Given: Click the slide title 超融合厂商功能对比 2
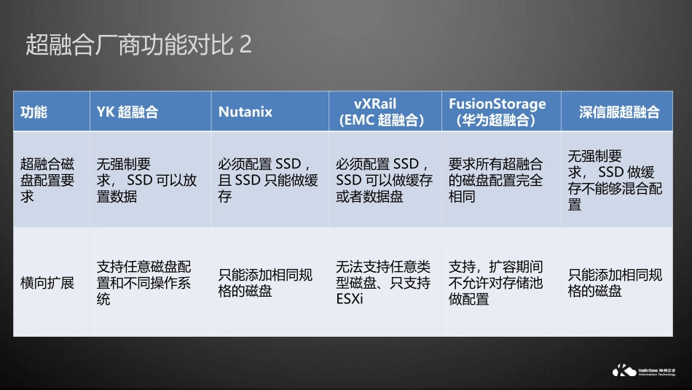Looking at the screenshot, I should [138, 44].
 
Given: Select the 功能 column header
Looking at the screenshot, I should [34, 112].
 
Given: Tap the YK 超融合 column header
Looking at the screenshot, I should [127, 112].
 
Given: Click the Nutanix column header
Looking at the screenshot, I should [245, 112].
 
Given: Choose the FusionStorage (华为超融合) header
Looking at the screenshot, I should [498, 112].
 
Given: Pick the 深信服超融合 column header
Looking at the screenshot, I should [619, 112].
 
